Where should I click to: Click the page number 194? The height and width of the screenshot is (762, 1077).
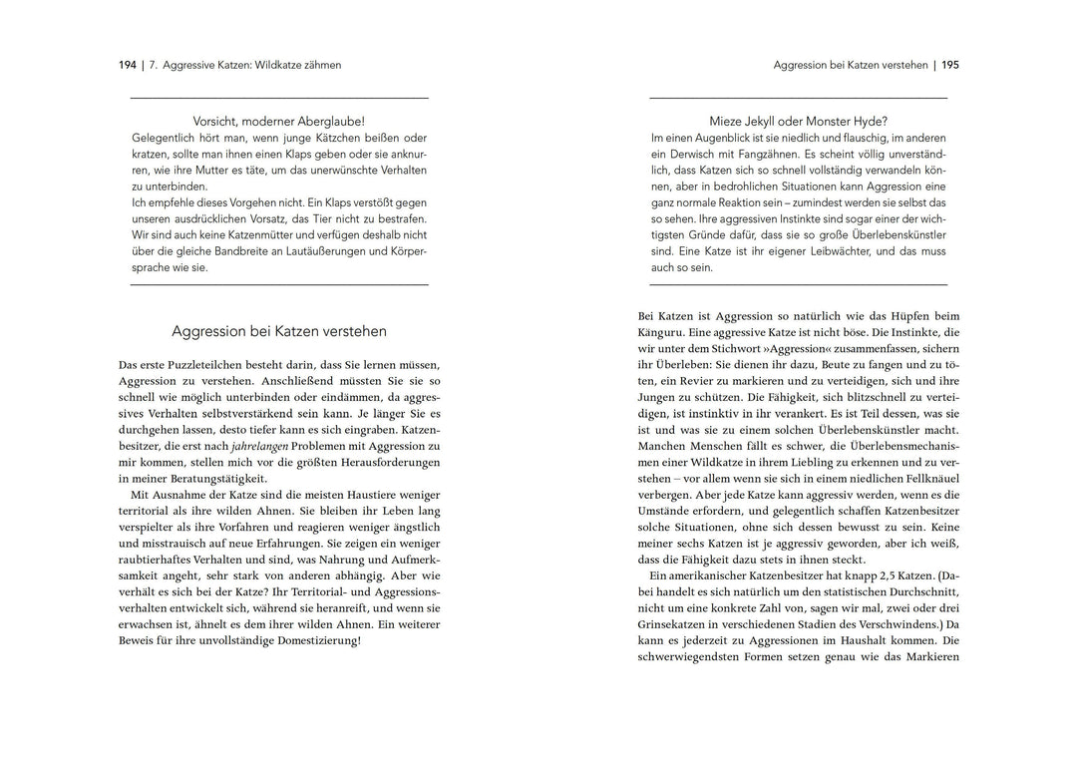(127, 65)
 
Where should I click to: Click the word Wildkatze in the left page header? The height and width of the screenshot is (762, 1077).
(283, 65)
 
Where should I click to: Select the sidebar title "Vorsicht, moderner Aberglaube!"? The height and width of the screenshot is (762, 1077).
(279, 120)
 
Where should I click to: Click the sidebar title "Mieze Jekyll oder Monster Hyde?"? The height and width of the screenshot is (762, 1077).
(799, 120)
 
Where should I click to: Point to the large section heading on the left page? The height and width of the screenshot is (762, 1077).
(279, 331)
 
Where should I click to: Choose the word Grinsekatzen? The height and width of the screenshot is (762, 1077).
(672, 623)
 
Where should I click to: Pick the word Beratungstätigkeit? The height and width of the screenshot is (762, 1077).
(212, 478)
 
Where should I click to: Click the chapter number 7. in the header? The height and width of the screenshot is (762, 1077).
(154, 65)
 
